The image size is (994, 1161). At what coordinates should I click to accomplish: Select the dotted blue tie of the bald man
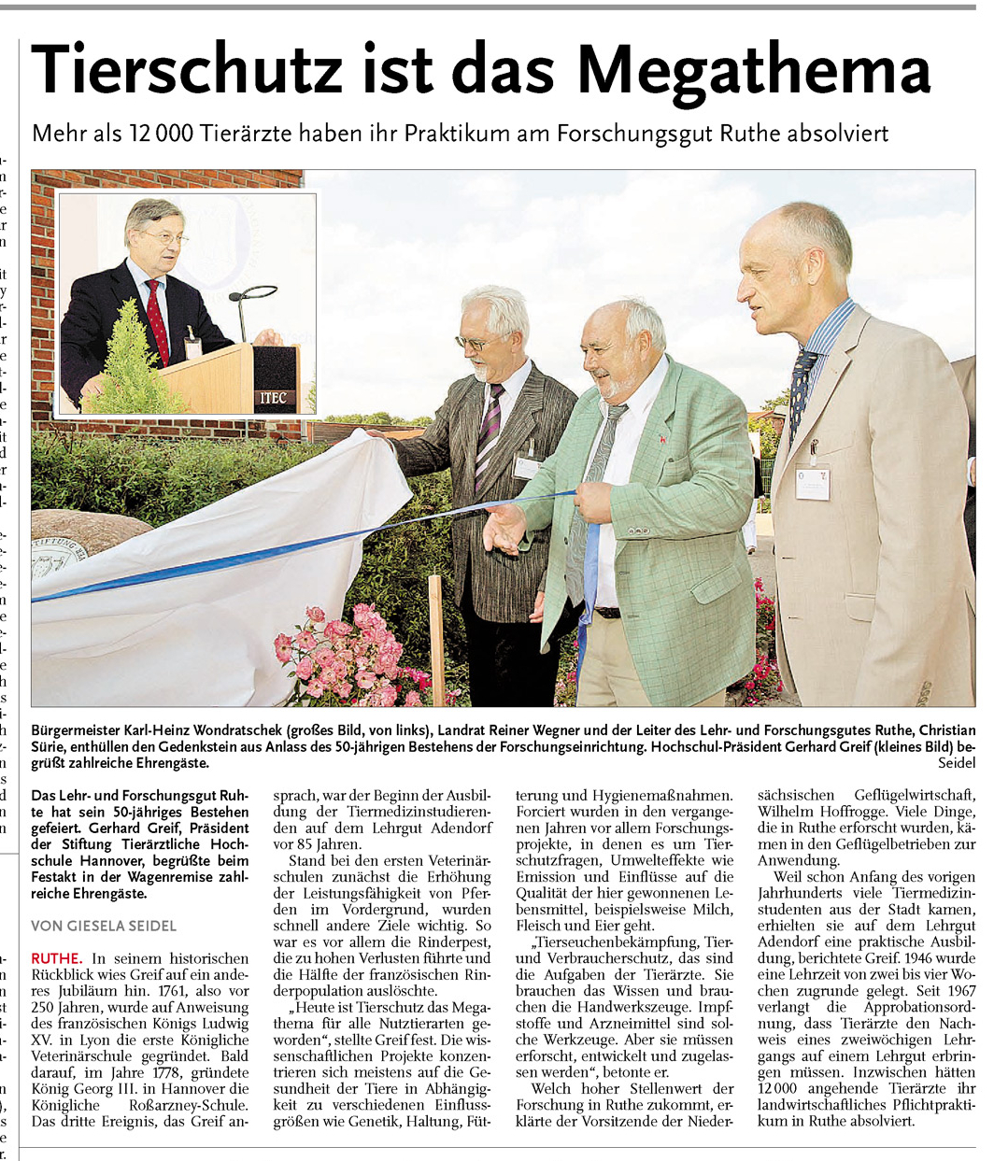[x=801, y=392]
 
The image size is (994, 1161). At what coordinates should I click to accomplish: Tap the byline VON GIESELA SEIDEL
[x=104, y=926]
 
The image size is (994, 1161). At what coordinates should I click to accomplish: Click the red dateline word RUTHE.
[x=56, y=958]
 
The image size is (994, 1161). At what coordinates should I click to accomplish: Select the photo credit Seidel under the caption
[x=955, y=763]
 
